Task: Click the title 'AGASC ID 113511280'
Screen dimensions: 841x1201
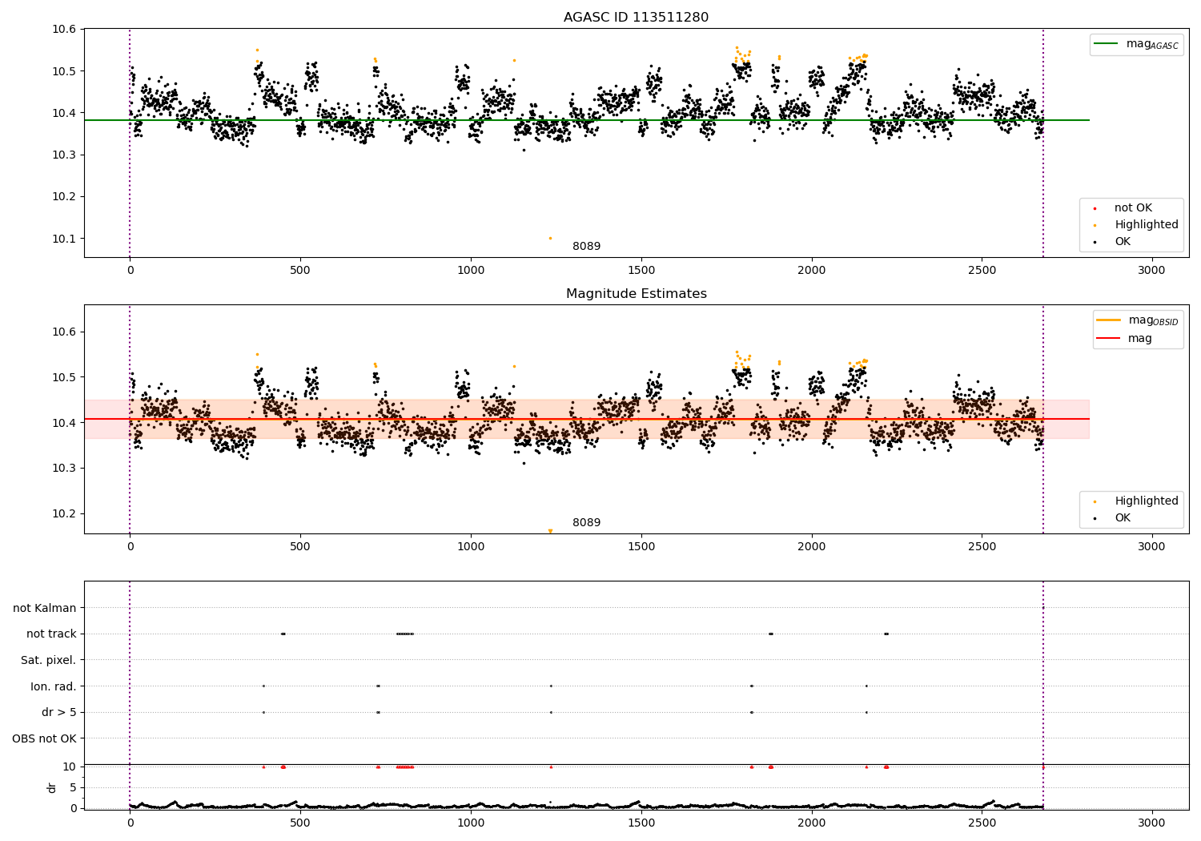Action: pos(636,18)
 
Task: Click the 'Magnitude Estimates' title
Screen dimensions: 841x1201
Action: pos(636,294)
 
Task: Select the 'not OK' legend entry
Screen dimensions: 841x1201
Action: pos(1133,208)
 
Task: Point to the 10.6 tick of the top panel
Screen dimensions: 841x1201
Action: pos(63,30)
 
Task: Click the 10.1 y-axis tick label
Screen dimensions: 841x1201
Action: pos(63,239)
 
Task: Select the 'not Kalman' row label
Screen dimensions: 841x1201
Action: pos(45,608)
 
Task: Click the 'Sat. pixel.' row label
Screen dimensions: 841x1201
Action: pos(48,660)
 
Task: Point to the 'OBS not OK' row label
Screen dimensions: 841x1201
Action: pos(45,738)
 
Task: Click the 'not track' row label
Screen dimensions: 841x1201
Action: pos(51,634)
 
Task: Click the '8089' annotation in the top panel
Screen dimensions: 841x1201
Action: pos(586,247)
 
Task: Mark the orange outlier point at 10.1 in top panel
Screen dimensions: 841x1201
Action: pos(550,238)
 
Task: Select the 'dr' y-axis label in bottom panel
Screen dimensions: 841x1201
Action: pos(52,787)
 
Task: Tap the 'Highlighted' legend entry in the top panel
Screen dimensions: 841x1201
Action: pos(1146,225)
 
